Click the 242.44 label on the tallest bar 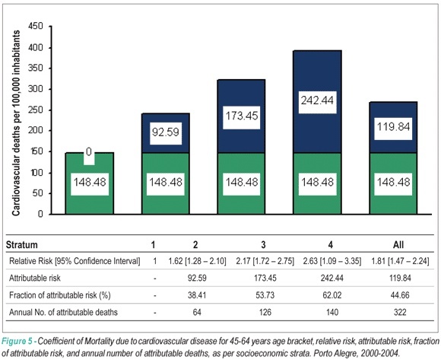(317, 100)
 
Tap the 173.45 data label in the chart (242, 116)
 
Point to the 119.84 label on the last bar (393, 127)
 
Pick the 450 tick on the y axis (36, 26)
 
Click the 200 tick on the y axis (36, 131)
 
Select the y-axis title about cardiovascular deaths (16, 123)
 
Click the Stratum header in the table (21, 244)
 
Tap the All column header (398, 244)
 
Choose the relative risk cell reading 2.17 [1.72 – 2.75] (265, 261)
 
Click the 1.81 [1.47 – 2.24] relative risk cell (400, 261)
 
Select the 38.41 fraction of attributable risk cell (197, 295)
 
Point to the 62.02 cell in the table (332, 295)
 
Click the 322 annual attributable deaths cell (400, 312)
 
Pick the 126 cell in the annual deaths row (265, 312)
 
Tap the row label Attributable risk (35, 278)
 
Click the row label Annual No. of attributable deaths (63, 312)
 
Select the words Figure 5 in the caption (17, 341)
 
